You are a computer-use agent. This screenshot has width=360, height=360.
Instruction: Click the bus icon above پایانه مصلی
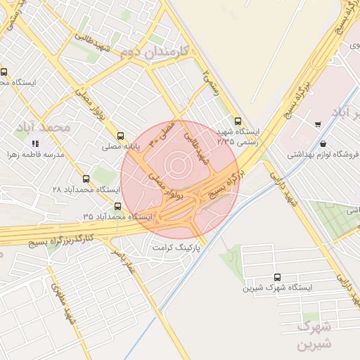pos(120,136)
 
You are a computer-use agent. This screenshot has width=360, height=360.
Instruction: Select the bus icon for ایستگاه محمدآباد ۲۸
pos(86,179)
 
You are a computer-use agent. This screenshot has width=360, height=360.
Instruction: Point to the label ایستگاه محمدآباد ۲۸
pos(86,190)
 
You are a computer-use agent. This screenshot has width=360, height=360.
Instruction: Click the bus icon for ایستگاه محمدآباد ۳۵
pos(117,206)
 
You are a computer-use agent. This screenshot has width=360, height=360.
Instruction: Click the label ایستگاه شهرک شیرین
pos(276,288)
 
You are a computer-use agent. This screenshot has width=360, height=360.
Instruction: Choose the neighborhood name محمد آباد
pos(46,128)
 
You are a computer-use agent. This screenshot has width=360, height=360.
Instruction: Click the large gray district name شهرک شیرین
pos(312,336)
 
